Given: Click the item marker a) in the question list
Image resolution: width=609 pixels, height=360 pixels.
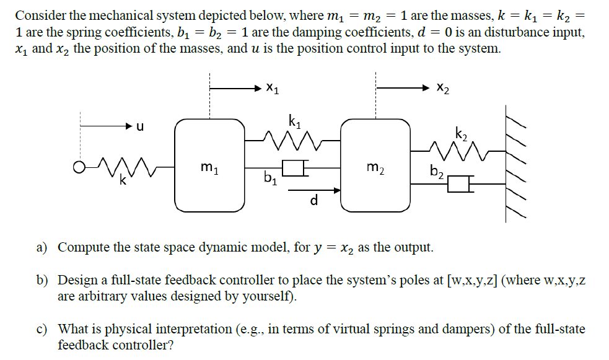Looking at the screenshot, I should (42, 248).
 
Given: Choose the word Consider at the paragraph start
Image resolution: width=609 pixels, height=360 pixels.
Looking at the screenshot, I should (39, 15).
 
